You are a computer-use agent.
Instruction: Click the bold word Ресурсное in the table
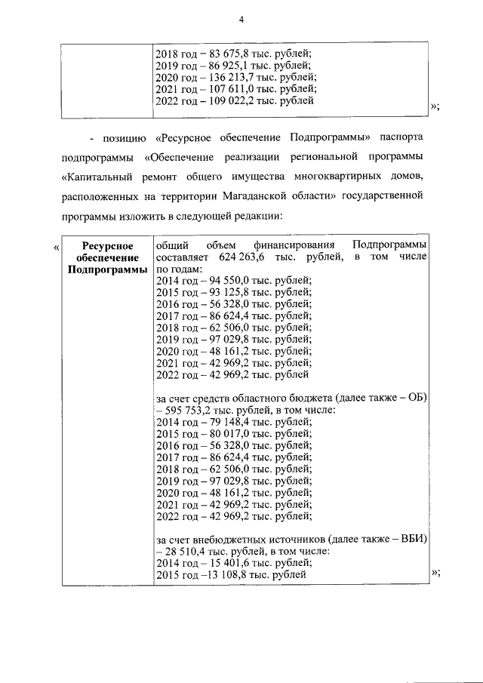(x=106, y=247)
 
